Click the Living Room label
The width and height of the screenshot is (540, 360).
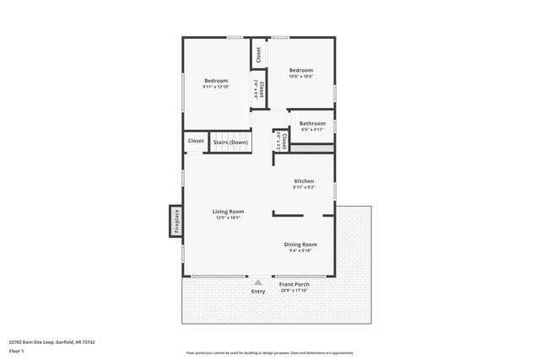tap(228, 211)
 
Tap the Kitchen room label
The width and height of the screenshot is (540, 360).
tap(304, 181)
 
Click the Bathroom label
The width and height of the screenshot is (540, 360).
tap(312, 123)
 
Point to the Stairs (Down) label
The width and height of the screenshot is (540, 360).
tap(230, 142)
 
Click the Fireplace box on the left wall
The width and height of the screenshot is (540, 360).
tap(176, 222)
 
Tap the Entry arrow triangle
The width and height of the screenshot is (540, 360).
tap(258, 282)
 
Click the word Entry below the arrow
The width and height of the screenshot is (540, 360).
tap(258, 292)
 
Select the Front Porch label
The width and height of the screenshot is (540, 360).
tap(294, 284)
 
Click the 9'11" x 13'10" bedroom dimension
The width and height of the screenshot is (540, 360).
tap(216, 87)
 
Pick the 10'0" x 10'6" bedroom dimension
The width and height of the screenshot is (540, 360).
tap(301, 77)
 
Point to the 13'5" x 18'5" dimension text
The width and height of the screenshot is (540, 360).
tap(228, 218)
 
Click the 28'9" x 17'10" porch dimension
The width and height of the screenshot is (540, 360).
tap(294, 291)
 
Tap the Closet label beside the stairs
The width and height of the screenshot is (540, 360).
tap(196, 141)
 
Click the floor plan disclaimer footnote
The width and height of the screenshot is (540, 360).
tap(270, 352)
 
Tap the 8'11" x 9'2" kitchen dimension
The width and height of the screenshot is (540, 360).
tap(304, 187)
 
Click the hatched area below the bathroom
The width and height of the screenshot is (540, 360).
tap(313, 148)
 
